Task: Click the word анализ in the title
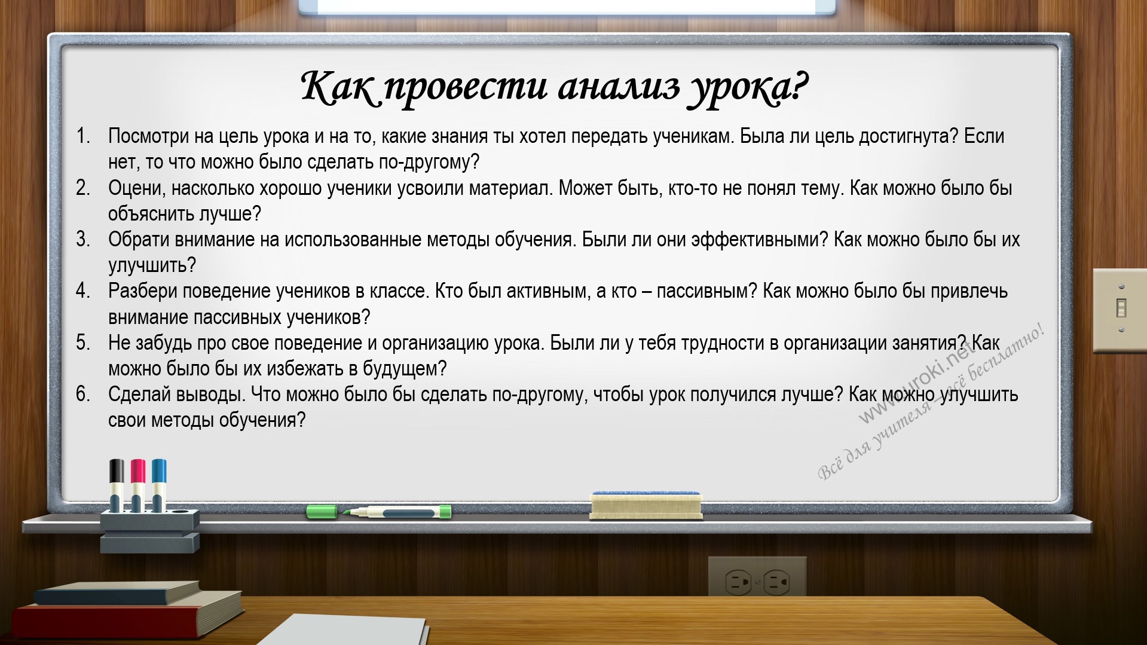point(619,87)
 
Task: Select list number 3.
point(82,240)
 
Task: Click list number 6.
point(82,395)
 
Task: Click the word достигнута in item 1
point(903,137)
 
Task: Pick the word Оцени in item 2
point(135,189)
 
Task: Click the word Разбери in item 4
point(143,292)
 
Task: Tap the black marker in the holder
point(117,485)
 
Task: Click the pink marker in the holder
point(138,485)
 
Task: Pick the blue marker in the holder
point(159,485)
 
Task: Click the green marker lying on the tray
point(379,512)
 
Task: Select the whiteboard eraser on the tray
point(646,506)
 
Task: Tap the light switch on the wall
point(1120,310)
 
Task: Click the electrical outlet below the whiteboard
point(757,579)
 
